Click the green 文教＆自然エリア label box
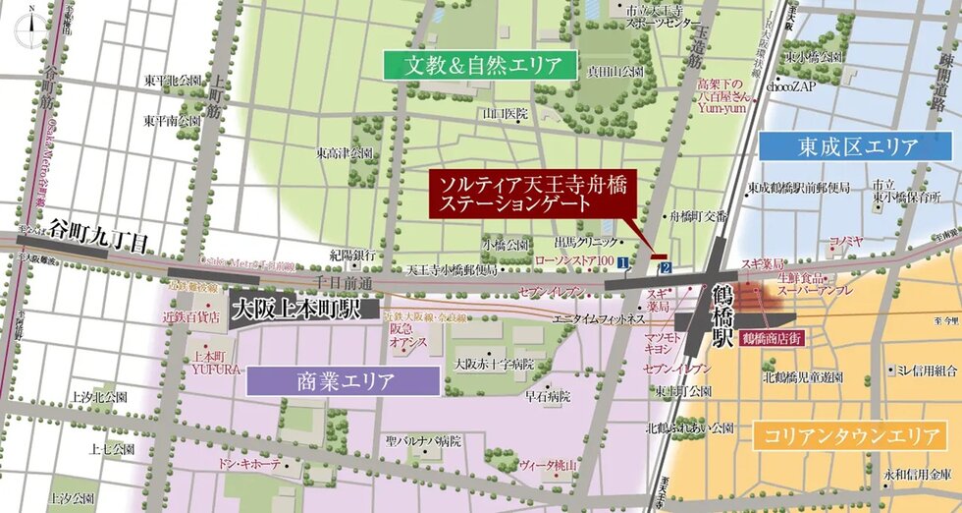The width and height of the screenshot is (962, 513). pyautogui.click(x=478, y=66)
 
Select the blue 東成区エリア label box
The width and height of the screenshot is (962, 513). pyautogui.click(x=858, y=146)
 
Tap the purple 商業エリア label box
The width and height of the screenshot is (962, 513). pyautogui.click(x=345, y=380)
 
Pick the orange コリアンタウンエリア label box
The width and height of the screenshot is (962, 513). pyautogui.click(x=847, y=435)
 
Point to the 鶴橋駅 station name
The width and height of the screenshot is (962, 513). pyautogui.click(x=723, y=315)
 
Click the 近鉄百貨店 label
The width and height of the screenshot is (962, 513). pyautogui.click(x=191, y=317)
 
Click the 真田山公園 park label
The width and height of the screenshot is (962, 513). pyautogui.click(x=615, y=72)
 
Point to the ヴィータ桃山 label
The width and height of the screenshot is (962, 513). pyautogui.click(x=547, y=462)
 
